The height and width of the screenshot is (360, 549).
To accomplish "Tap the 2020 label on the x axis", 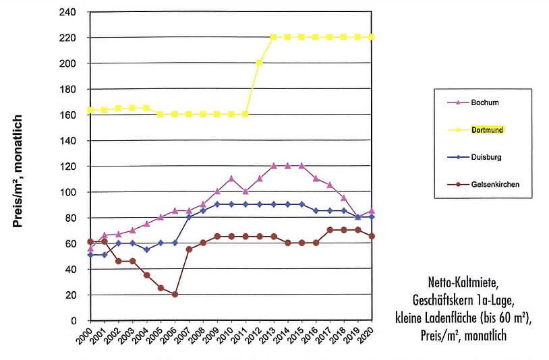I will pyautogui.click(x=368, y=336).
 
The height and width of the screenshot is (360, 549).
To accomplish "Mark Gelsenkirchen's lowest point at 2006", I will pyautogui.click(x=175, y=295).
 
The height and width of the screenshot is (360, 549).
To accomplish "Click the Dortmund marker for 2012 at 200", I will pyautogui.click(x=260, y=63).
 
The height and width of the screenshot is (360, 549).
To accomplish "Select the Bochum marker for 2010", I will pyautogui.click(x=231, y=179).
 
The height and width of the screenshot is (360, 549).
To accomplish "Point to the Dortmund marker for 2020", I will pyautogui.click(x=372, y=37).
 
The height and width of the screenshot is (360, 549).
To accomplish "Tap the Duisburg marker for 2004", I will pyautogui.click(x=147, y=249).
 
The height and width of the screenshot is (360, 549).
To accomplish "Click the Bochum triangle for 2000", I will pyautogui.click(x=91, y=249).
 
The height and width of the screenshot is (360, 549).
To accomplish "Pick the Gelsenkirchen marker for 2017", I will pyautogui.click(x=330, y=230).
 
